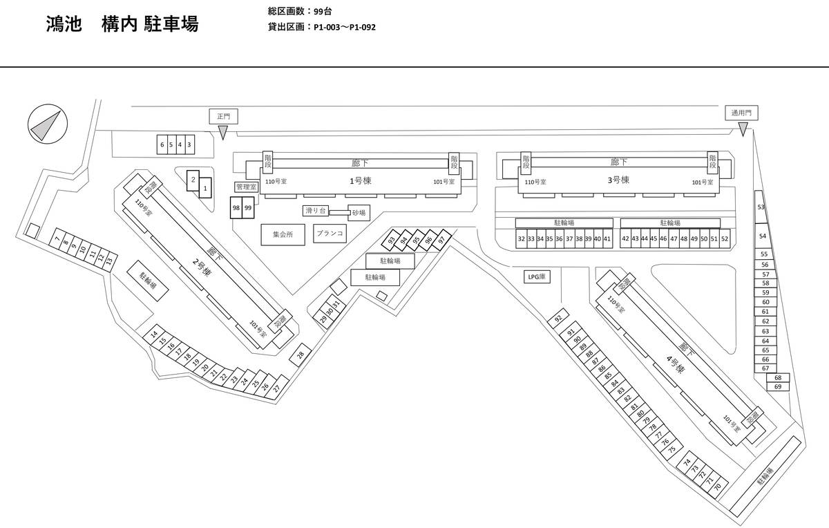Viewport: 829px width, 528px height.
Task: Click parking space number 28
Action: pos(301,355)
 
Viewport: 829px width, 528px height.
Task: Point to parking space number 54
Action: pos(763,236)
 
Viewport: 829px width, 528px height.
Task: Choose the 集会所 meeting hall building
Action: pos(283,234)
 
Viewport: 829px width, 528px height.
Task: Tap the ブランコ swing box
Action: pos(330,234)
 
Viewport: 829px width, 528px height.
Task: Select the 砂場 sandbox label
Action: pos(359,213)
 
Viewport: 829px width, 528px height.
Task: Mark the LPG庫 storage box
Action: pos(536,276)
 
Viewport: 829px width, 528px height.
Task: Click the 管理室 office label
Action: pos(246,187)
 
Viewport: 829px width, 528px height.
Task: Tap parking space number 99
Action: pos(248,208)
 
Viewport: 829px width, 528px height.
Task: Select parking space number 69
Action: pos(778,387)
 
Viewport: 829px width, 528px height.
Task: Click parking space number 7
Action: pos(57,240)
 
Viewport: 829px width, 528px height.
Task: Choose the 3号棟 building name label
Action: pos(618,179)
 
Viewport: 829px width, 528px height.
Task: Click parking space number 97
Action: pos(441,240)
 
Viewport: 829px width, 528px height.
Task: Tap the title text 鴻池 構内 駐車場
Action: pos(121,24)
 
